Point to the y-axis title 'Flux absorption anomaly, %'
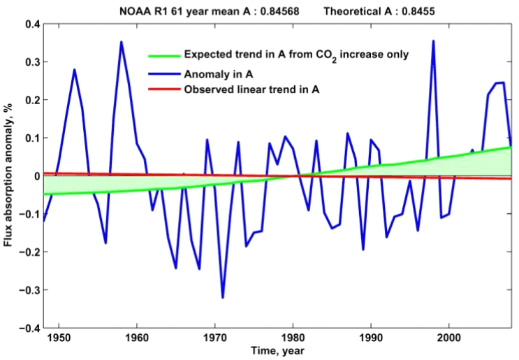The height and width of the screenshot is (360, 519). point(10,176)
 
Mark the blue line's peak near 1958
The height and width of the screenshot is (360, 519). point(121,42)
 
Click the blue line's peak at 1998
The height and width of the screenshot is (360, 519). point(433,41)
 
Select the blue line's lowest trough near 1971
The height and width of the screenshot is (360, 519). point(223,298)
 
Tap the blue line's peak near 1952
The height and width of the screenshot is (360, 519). point(74,69)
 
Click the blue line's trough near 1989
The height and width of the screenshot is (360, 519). point(363,250)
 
